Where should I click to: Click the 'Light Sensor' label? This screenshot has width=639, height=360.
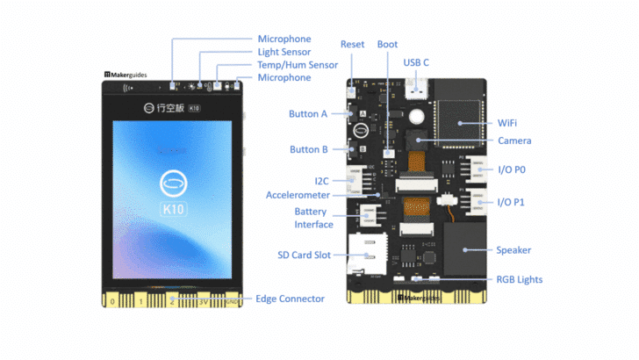(284, 52)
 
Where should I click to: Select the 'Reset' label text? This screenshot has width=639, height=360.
(353, 44)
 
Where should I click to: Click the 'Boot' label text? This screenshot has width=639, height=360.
(387, 44)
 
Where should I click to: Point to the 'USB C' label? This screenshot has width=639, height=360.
(417, 62)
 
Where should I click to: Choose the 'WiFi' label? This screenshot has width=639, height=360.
(507, 124)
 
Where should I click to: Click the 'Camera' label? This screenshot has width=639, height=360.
(513, 140)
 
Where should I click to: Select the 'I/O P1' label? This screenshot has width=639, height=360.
(512, 202)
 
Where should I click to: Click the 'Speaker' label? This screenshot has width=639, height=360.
(513, 249)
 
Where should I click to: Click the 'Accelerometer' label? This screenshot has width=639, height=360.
(298, 194)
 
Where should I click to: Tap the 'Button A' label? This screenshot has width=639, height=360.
(308, 114)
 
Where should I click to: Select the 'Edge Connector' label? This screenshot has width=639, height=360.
(290, 299)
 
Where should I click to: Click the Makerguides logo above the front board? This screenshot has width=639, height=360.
(127, 76)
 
